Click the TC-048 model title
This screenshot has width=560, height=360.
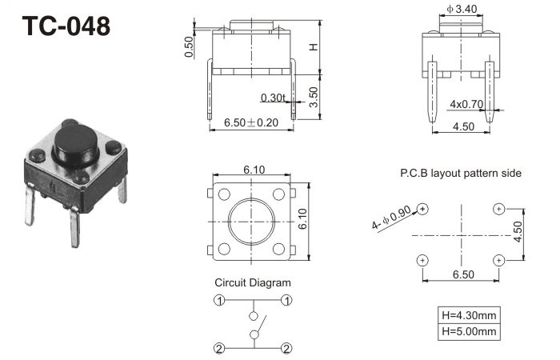[66, 26]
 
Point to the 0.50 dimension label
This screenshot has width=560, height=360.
[189, 46]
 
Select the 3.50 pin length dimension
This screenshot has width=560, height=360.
[314, 97]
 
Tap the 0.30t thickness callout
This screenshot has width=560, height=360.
[273, 98]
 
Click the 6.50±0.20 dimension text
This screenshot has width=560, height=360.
[251, 122]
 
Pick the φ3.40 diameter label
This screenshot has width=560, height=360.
[462, 9]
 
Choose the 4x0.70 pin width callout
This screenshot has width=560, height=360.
[466, 104]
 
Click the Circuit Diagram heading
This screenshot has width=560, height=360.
[253, 282]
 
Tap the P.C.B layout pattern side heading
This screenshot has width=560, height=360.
[461, 174]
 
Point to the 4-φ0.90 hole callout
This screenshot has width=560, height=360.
[391, 218]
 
